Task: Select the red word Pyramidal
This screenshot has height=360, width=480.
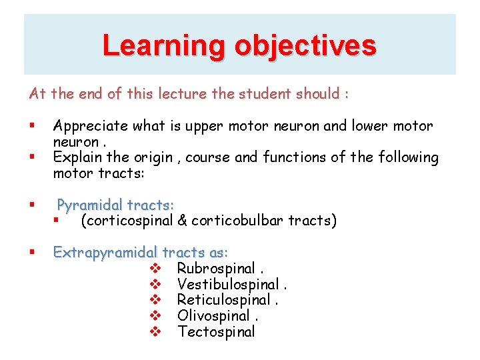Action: (90, 205)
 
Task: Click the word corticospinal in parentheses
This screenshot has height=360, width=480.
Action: (127, 221)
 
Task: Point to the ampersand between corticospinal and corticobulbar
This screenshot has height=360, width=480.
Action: (182, 221)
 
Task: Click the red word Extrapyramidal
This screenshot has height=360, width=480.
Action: (105, 253)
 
